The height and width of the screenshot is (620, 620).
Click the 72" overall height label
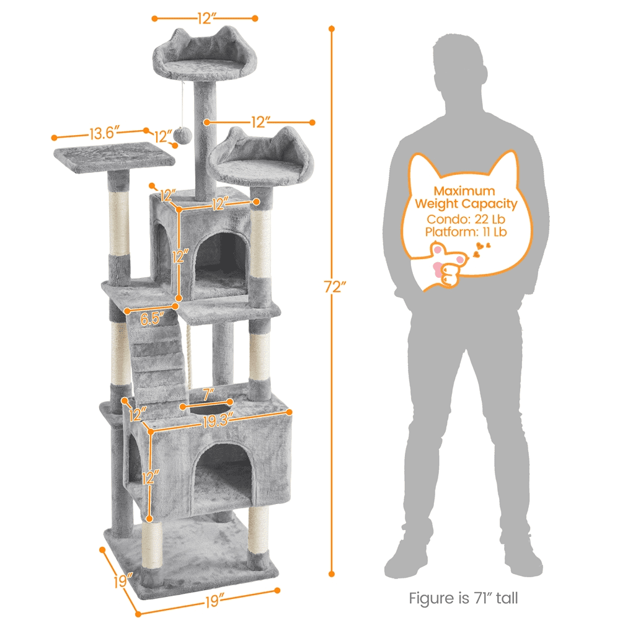point(335,286)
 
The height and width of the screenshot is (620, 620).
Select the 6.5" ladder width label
point(152,320)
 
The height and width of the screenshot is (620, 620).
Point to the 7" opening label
point(209,393)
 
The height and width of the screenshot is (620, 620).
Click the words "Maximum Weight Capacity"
point(465,197)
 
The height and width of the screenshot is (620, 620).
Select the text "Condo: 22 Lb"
point(465,219)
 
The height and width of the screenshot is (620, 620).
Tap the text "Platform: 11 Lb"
point(465,232)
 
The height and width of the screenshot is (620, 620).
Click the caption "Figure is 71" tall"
point(463,598)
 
